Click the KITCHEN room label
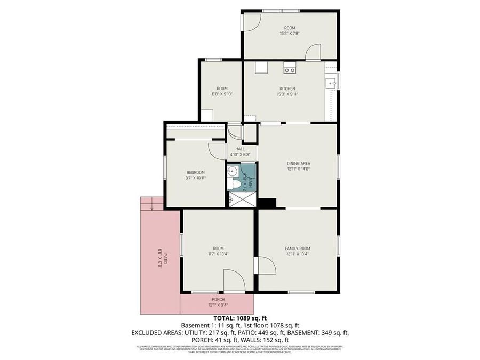(287, 89)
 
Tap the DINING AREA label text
(298, 163)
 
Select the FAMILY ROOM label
(297, 249)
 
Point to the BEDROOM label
(195, 172)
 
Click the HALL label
(239, 149)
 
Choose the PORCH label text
(218, 299)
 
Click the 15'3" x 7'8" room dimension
(289, 34)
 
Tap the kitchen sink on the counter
(331, 83)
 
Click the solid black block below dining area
(267, 203)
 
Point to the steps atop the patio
(151, 203)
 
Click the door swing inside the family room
(265, 265)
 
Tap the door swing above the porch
(234, 280)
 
